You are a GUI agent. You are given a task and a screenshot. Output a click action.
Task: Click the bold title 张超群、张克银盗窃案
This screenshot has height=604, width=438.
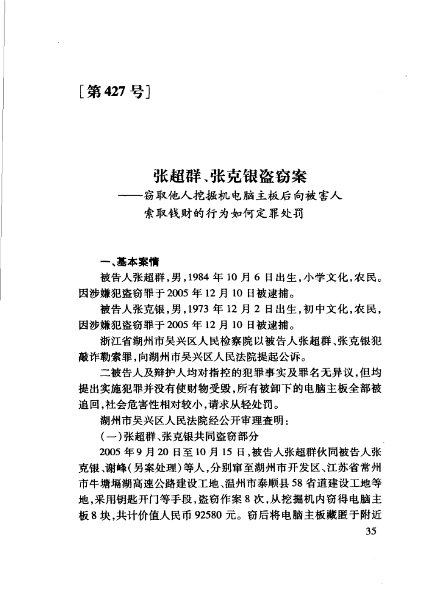230,176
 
